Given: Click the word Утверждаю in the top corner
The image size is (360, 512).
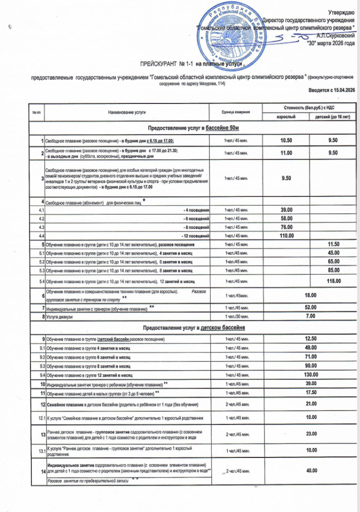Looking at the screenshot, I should tap(341, 11).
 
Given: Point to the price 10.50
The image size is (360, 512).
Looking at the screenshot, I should tap(286, 140).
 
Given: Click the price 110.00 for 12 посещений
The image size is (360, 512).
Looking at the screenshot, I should tap(286, 235).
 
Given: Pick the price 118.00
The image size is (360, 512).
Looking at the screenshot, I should tap(333, 281).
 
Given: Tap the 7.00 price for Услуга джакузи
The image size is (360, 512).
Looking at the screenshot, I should tap(310, 316).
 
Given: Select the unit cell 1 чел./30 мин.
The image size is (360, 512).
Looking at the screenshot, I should tap(235, 316).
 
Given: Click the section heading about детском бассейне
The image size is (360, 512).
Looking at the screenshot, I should tap(187, 328).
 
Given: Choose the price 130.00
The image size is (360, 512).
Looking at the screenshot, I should tap(310, 374).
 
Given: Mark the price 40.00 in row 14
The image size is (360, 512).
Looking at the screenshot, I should tap(310, 470).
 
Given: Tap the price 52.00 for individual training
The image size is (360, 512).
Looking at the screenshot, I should tap(310, 307).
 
